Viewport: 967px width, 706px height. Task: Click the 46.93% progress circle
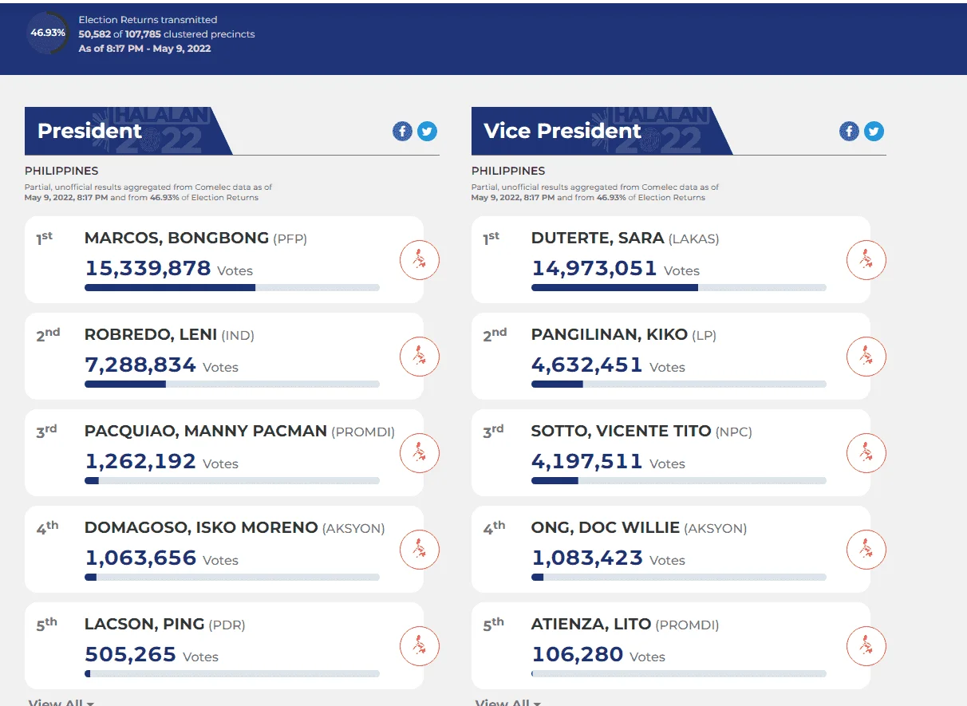[48, 33]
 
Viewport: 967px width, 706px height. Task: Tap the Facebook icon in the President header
[402, 131]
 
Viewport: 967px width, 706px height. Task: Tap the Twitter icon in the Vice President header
[874, 131]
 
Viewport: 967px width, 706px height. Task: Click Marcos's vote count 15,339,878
[148, 268]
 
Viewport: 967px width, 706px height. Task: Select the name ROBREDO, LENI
[151, 334]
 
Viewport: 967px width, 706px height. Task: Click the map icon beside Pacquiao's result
[419, 453]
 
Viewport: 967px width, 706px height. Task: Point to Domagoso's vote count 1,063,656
[140, 558]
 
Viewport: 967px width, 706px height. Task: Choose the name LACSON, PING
[144, 624]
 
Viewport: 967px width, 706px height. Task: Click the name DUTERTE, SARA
[598, 239]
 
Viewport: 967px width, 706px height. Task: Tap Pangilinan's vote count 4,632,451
[587, 365]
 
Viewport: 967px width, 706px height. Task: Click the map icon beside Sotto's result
[866, 453]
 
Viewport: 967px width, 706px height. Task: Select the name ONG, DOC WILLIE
[606, 527]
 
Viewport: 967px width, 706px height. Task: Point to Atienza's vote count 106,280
[578, 654]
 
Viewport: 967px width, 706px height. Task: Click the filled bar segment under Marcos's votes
[170, 287]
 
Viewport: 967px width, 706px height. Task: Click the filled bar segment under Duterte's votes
[614, 287]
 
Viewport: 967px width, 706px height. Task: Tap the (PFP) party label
[290, 239]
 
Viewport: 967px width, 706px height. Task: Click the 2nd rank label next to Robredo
[48, 335]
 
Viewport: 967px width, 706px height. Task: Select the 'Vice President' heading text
[562, 131]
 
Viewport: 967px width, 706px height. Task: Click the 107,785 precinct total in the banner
[143, 34]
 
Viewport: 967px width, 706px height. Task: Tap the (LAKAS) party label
[694, 239]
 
